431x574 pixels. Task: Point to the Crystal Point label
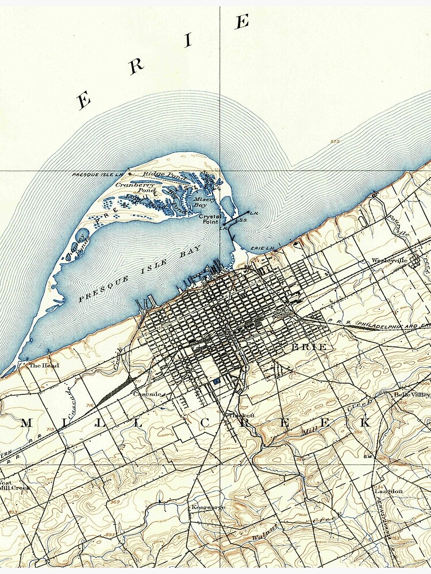tap(209, 219)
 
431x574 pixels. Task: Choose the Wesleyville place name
tap(388, 260)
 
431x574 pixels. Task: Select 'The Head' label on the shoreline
tap(44, 365)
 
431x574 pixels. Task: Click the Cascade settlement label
tap(146, 394)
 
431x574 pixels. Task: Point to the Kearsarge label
tap(209, 507)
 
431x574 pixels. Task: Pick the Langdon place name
tap(388, 491)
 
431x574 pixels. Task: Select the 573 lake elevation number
tap(335, 141)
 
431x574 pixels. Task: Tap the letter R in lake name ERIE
tap(136, 67)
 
